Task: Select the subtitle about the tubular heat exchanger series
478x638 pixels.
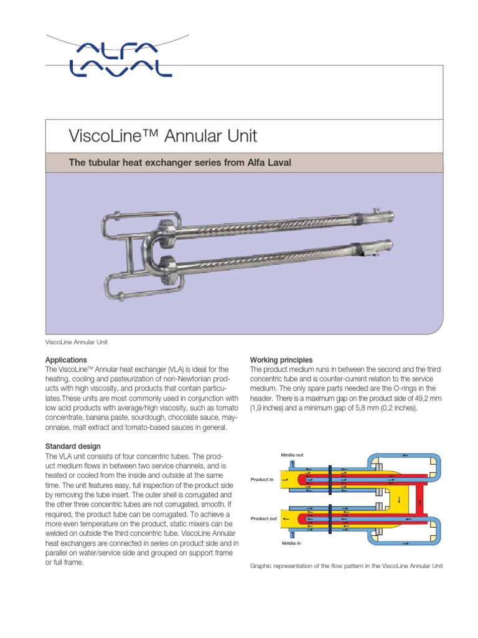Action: (x=179, y=163)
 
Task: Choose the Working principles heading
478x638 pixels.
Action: (x=281, y=360)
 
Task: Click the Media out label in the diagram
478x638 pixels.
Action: (x=292, y=455)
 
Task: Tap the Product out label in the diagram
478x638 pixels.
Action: (x=264, y=518)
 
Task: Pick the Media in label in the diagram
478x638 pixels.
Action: (x=291, y=543)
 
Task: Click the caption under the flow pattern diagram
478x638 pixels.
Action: (x=346, y=566)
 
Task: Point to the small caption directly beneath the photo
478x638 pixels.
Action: (x=77, y=342)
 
